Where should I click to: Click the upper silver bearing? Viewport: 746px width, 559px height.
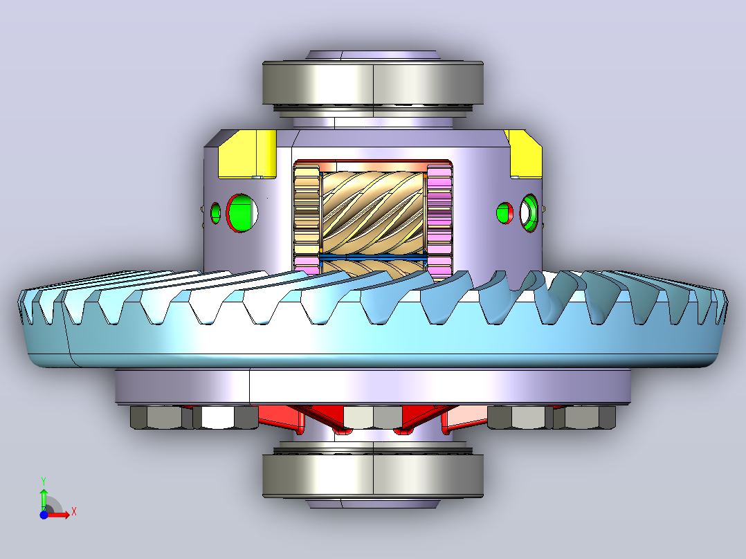coord(373,83)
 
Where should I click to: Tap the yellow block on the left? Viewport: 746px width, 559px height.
coord(248,154)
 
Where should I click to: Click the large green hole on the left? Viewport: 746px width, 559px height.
coord(242,213)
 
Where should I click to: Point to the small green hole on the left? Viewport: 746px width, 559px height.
coord(215,213)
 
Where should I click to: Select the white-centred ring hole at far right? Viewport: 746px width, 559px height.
coord(529,212)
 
